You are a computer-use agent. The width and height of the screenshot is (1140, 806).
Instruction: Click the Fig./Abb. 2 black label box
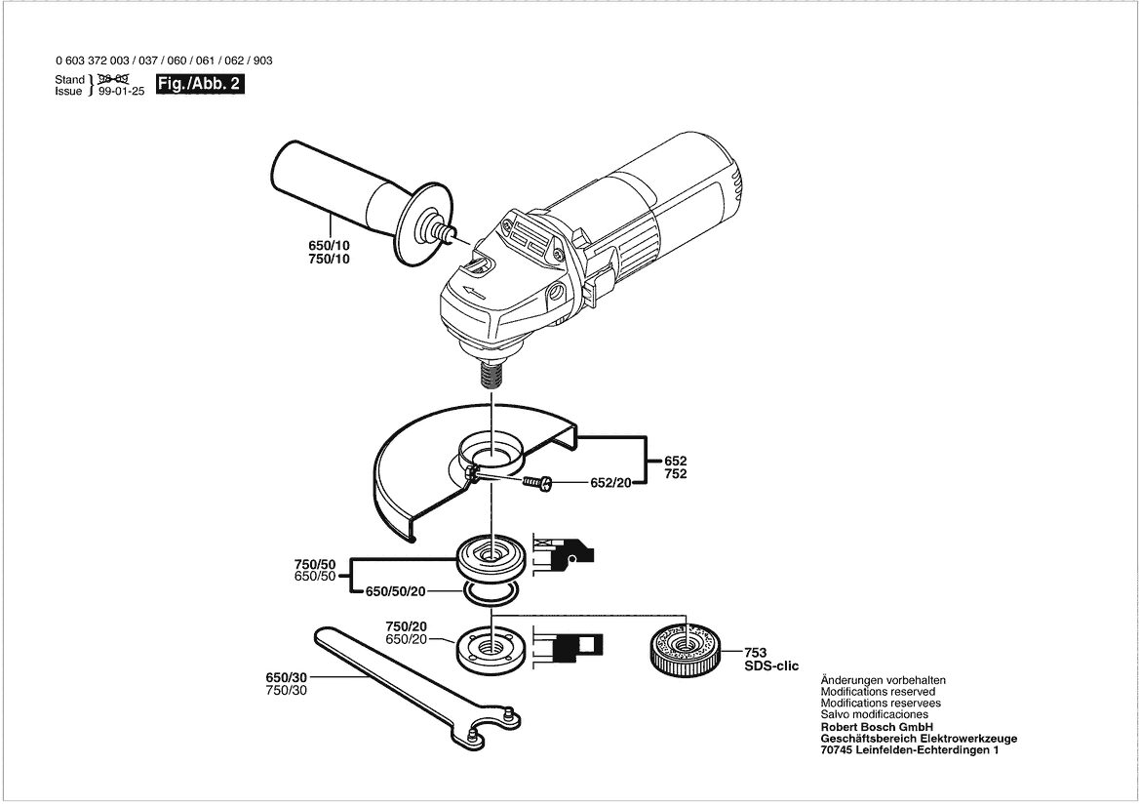pyautogui.click(x=200, y=84)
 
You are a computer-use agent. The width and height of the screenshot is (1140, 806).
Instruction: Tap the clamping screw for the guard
pyautogui.click(x=538, y=482)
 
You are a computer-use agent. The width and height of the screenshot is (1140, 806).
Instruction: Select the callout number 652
pyautogui.click(x=676, y=462)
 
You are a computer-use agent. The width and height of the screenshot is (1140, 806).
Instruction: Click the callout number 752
pyautogui.click(x=676, y=474)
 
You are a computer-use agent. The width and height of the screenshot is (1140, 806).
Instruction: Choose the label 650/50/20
pyautogui.click(x=396, y=591)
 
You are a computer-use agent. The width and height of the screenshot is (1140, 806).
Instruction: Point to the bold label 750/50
pyautogui.click(x=315, y=564)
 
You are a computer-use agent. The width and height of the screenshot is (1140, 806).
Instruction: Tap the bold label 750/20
pyautogui.click(x=406, y=626)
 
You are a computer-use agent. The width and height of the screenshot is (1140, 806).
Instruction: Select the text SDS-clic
pyautogui.click(x=770, y=666)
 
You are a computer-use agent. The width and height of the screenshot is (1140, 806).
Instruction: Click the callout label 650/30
pyautogui.click(x=287, y=677)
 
